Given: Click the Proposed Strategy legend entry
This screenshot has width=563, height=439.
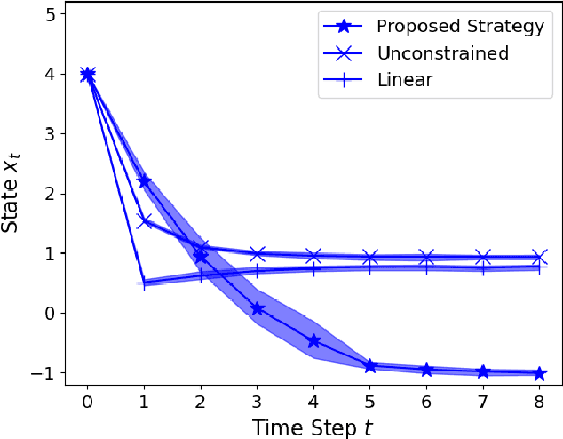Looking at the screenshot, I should pos(459,27).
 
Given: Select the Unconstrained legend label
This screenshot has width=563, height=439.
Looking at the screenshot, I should pos(442,53).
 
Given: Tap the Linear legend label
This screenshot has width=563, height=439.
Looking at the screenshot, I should pos(404,80).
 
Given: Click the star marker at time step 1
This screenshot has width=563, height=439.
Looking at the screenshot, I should pos(144,181).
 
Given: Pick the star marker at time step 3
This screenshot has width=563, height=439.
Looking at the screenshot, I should pos(257,308).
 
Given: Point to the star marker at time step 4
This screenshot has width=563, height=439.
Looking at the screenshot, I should pos(313,340).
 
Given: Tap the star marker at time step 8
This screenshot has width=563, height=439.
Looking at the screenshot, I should pos(539,373).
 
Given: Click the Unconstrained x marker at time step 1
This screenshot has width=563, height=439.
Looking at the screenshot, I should pos(144,220).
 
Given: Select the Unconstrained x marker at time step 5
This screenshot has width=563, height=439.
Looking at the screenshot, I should pos(370,258).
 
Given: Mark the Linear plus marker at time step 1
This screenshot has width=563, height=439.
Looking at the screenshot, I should pos(144,283).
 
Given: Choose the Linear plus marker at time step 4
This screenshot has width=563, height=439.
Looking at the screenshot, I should pos(313,268).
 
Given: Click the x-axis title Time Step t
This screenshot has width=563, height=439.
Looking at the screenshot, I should pos(313,427).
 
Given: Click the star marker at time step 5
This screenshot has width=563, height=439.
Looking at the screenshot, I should pos(370,365).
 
